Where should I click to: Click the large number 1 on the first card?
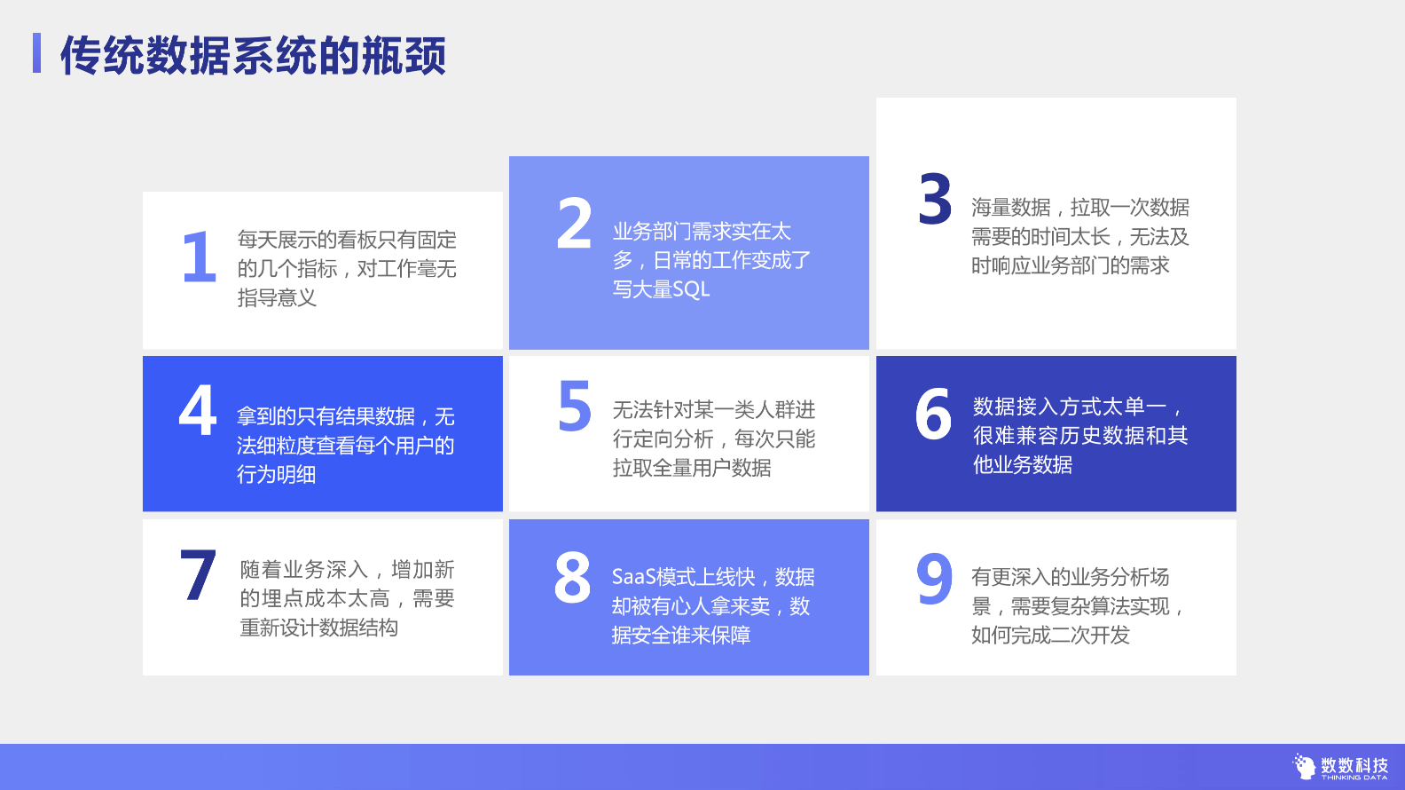(200, 257)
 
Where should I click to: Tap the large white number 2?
(574, 223)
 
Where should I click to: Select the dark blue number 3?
(935, 198)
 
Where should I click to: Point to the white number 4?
(198, 409)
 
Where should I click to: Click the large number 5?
(575, 406)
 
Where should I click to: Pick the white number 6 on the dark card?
(933, 414)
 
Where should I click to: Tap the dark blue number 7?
(198, 575)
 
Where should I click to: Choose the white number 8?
(572, 577)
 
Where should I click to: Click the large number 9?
(935, 578)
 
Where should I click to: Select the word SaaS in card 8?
(632, 577)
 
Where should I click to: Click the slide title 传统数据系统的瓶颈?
(254, 55)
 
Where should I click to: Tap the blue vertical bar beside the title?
(37, 53)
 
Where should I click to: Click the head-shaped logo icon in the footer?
(1304, 766)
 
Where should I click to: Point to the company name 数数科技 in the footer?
(1354, 765)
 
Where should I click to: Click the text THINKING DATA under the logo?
(1354, 778)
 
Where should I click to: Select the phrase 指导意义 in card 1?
(278, 297)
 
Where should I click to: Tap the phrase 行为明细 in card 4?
(277, 474)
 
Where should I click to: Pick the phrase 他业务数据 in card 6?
(1023, 464)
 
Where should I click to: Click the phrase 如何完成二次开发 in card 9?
(1050, 635)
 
